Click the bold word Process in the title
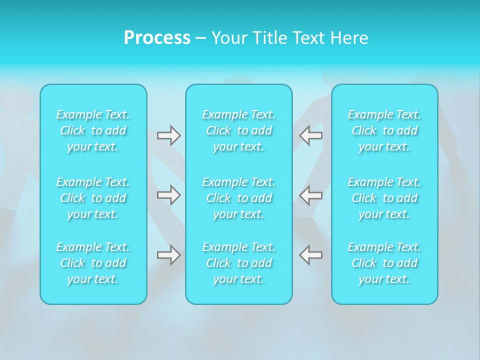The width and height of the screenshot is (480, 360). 157,38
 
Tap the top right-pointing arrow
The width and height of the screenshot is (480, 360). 168,135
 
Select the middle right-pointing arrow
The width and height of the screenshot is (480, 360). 168,195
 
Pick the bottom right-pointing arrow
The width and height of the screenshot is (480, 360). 168,255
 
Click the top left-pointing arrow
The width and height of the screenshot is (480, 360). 311,135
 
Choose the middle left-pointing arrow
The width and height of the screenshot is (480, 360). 311,195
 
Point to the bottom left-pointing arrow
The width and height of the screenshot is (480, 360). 311,255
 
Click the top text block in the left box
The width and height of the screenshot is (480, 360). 93,130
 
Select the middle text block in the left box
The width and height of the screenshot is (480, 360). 93,198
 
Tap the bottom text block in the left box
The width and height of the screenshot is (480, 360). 93,263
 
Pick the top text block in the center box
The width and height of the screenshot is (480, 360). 239,130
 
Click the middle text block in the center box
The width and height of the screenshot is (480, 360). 239,198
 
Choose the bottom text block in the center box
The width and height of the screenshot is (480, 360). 239,263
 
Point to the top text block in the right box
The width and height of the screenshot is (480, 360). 384,130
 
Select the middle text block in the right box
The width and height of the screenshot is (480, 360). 384,198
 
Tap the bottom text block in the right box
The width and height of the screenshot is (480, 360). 384,263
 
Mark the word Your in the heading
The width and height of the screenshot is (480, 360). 228,38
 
